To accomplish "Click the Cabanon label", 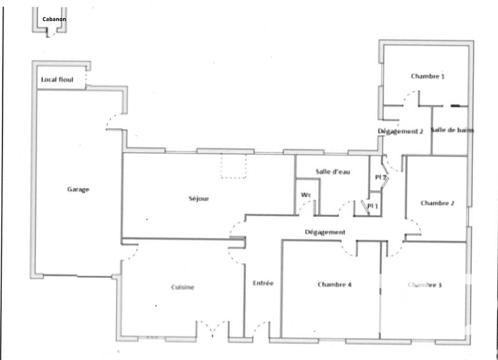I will click(x=54, y=19).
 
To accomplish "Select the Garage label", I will click(x=78, y=189).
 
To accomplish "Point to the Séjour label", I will click(x=199, y=199).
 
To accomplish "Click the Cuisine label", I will click(x=183, y=287).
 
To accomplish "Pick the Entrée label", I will click(x=263, y=283).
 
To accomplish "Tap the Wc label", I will click(x=306, y=195).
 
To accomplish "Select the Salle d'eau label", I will click(x=332, y=172).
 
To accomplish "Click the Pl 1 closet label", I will click(x=373, y=206).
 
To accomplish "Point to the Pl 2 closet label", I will click(x=381, y=178).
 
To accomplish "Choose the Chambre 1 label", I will click(x=428, y=77).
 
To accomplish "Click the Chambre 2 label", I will click(x=437, y=203).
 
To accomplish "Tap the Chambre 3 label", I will click(x=425, y=285).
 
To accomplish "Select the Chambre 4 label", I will click(x=335, y=285).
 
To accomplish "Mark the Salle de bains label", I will click(x=453, y=130).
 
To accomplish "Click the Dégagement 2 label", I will click(x=400, y=131).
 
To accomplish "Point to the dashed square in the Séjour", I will click(x=235, y=166).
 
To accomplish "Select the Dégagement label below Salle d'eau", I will click(x=325, y=232).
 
